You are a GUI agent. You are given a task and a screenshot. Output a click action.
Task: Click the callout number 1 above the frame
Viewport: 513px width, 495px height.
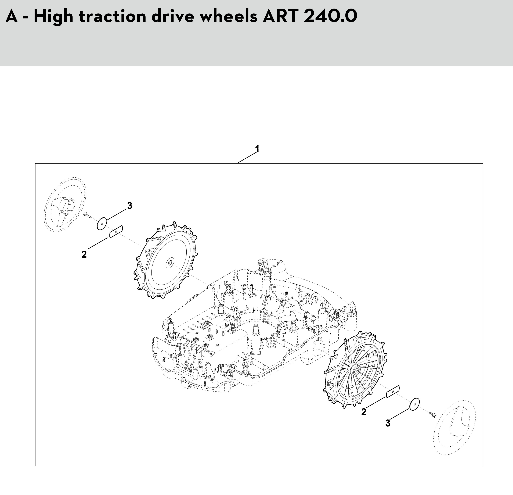pos(257,149)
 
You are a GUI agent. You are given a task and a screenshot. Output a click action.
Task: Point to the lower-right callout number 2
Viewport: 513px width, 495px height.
pos(364,412)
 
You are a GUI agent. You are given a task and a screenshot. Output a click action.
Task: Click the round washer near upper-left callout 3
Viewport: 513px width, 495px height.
pos(101,224)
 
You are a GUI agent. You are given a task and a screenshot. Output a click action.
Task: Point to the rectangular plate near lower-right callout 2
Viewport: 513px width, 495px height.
pos(393,392)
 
